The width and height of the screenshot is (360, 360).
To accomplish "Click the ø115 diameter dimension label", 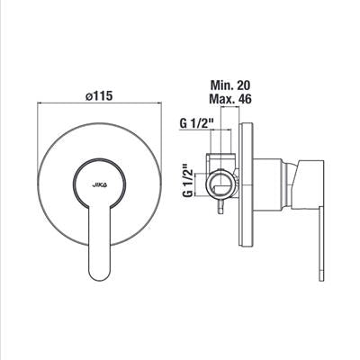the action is point(99,96).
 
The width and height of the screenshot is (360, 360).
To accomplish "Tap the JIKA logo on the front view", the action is point(100,185).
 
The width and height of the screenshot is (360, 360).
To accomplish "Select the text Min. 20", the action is point(230,85).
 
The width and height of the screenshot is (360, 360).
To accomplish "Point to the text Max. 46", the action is point(230,99).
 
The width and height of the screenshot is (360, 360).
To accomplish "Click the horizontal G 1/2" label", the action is point(196,123).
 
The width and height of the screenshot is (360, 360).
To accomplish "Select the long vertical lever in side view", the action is point(321,244).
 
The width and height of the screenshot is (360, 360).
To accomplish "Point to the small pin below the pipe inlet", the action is point(221,207).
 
